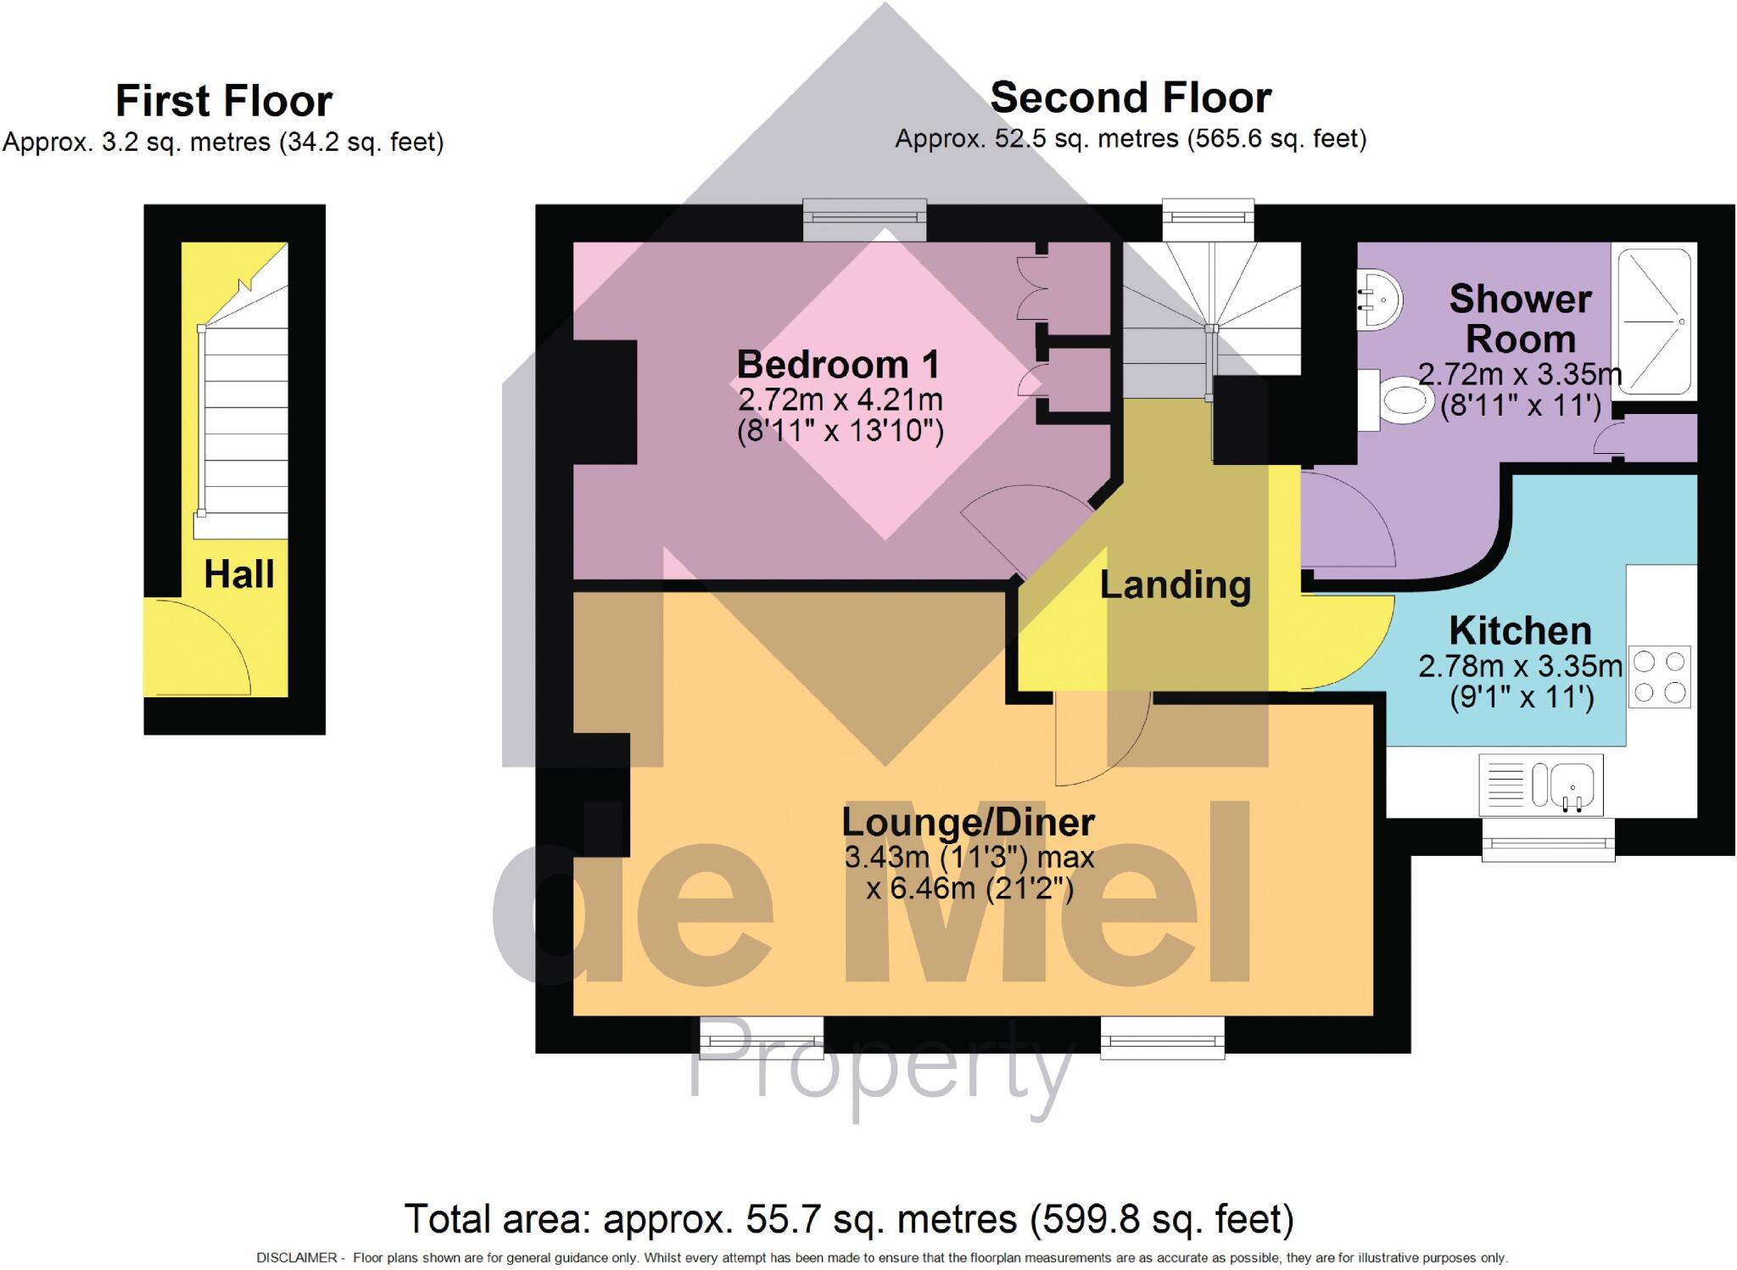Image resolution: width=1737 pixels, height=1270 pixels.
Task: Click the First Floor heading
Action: pos(224,102)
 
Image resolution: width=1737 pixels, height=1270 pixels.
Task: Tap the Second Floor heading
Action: pos(1131,98)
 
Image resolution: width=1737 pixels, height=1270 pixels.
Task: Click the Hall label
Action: pos(239,575)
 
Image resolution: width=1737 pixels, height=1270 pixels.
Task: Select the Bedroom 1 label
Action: pos(838,365)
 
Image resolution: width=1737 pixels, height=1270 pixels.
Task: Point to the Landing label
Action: pos(1175,585)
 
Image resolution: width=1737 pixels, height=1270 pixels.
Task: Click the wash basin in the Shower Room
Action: pos(1380,299)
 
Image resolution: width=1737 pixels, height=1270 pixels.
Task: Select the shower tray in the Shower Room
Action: pos(1655,322)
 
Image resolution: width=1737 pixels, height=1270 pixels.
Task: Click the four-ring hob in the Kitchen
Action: pos(1659,677)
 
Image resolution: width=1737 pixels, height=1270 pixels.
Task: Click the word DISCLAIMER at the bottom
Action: pos(296,1258)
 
